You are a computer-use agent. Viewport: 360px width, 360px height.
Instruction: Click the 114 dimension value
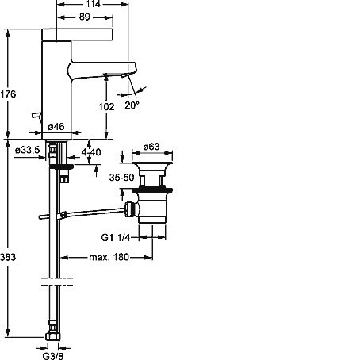pos(93,4)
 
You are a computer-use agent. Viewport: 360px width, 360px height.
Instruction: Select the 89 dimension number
pos(85,17)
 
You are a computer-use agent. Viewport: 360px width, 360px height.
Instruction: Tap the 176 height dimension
pos(8,94)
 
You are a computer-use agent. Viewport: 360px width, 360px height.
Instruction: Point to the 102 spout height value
pos(106,107)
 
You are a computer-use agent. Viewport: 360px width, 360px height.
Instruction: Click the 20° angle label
pos(132,105)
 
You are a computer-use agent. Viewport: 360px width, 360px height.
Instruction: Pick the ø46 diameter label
pos(56,127)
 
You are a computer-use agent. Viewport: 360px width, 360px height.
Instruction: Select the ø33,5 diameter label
pos(28,150)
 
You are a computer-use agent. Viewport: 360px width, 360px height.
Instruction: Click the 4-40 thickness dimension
pos(91,152)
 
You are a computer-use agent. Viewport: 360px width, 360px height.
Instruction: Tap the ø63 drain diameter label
pos(151,147)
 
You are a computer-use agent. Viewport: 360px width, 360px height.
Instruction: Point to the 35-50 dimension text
pos(122,178)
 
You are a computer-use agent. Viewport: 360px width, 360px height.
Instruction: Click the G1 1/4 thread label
pos(116,238)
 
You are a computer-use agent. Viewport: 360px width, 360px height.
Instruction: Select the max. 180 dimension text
pos(109,257)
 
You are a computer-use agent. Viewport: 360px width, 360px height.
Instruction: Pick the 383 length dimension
pos(8,257)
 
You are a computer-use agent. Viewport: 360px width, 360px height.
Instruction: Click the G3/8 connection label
pos(53,356)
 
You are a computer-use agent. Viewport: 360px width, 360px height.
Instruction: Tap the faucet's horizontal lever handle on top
pos(78,35)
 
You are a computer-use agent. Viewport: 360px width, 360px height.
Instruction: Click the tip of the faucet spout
pos(136,69)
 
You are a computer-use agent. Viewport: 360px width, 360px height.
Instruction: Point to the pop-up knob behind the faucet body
pos(36,116)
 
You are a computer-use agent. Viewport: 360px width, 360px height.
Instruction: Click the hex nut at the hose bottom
pos(53,337)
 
